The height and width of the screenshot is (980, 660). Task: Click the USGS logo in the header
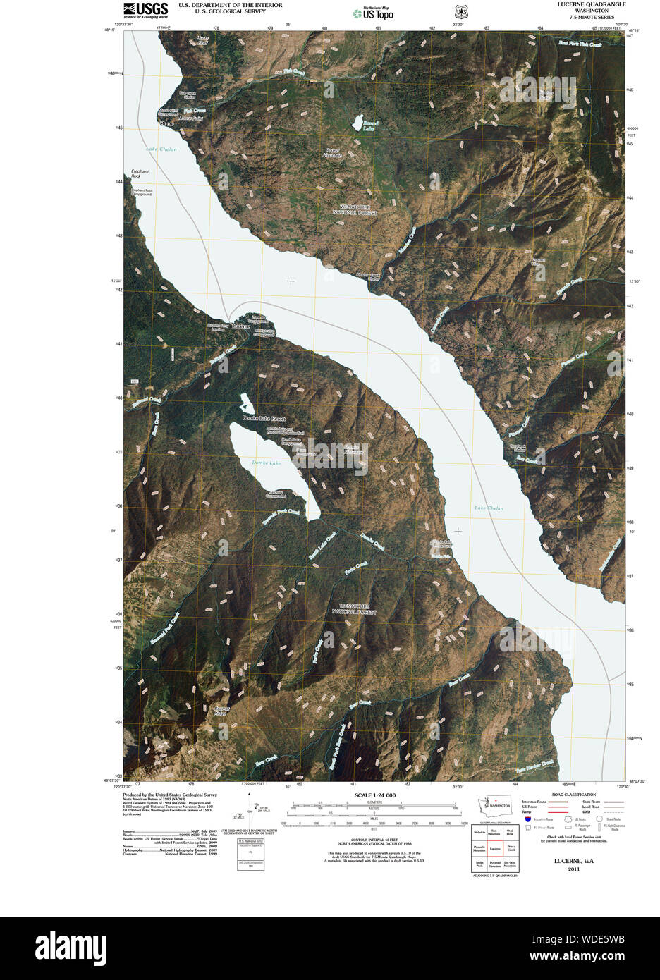146,9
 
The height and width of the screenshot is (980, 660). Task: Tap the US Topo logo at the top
374,12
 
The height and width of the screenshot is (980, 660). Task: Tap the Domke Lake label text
267,463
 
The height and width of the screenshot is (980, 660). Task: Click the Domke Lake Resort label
264,418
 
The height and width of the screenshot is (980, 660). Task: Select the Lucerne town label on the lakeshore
240,327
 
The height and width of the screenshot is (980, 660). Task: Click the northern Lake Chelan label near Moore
161,149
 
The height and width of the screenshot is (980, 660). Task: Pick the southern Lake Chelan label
489,508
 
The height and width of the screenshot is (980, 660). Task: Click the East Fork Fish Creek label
580,44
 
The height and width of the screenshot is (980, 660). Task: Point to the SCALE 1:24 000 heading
375,795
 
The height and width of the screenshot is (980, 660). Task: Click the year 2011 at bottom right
573,869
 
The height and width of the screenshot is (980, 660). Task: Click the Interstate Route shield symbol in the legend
528,819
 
